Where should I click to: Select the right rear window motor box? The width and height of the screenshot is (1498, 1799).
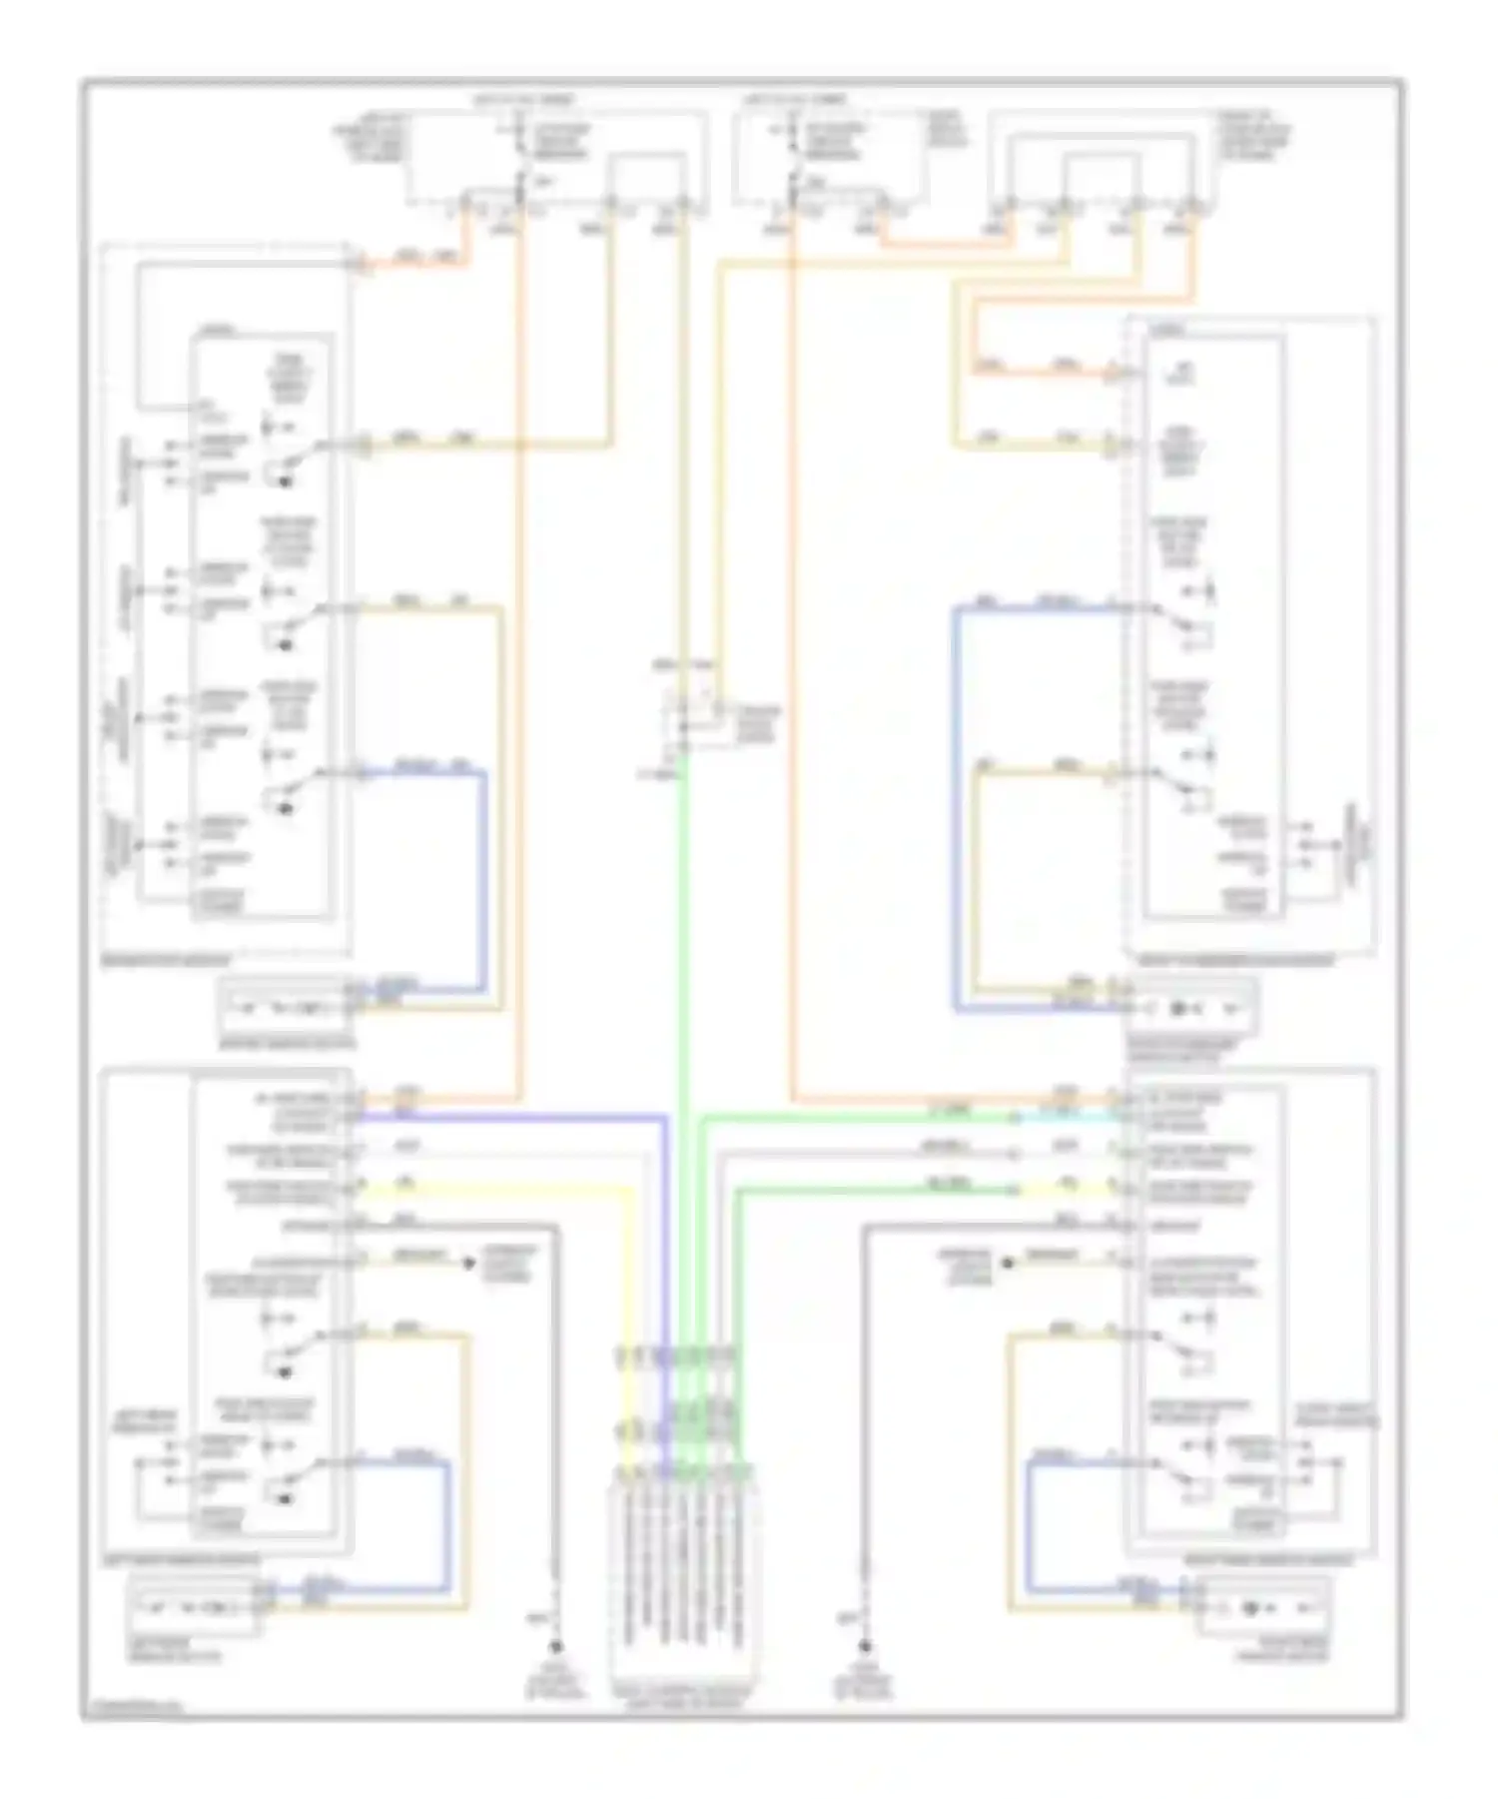(x=1262, y=1606)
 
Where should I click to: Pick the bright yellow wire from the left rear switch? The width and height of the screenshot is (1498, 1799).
(x=499, y=1190)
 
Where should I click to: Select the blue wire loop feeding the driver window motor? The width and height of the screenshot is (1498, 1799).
(x=484, y=879)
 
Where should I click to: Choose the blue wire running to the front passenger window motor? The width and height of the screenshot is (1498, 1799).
(x=956, y=799)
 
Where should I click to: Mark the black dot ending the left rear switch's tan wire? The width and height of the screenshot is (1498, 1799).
(x=467, y=1263)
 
